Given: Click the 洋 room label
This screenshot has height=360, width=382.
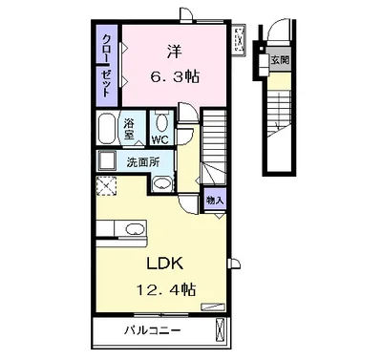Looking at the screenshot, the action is pyautogui.click(x=175, y=52).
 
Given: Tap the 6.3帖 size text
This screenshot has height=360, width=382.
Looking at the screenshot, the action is pyautogui.click(x=175, y=77).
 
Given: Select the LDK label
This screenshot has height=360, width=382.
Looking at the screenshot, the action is pyautogui.click(x=164, y=264).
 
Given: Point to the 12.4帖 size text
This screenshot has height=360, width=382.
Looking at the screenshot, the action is pyautogui.click(x=166, y=289).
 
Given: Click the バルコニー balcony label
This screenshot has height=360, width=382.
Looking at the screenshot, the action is pyautogui.click(x=152, y=330).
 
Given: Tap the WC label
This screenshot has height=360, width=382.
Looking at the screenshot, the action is pyautogui.click(x=159, y=140).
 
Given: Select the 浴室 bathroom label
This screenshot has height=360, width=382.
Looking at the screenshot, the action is pyautogui.click(x=129, y=128).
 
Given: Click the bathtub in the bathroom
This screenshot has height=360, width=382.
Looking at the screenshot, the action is pyautogui.click(x=106, y=128).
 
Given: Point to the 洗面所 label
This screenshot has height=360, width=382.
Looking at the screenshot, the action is pyautogui.click(x=143, y=162).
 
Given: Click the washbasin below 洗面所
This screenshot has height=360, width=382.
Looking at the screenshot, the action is pyautogui.click(x=162, y=183).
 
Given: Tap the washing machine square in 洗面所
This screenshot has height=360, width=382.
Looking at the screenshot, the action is pyautogui.click(x=107, y=160).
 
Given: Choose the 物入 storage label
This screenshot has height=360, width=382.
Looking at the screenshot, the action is pyautogui.click(x=215, y=201).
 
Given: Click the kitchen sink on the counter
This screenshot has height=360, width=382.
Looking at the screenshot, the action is pyautogui.click(x=135, y=229).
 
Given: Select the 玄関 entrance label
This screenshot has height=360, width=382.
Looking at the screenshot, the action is pyautogui.click(x=280, y=59).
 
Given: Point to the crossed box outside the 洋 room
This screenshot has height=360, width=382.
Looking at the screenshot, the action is pyautogui.click(x=239, y=40).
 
